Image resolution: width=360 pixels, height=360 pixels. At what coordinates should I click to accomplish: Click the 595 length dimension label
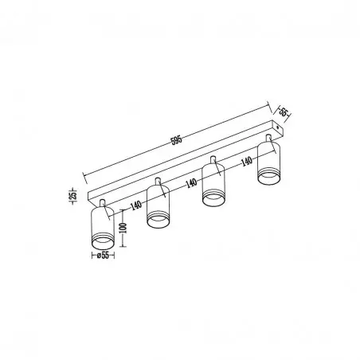point(177,139)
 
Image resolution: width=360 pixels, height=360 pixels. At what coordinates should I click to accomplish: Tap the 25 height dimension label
point(73,194)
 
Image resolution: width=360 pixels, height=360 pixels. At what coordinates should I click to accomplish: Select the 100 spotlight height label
point(123,229)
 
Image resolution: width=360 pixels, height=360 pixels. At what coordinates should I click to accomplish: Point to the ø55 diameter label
point(103,256)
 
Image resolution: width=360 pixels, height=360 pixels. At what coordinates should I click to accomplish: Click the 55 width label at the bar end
point(284,112)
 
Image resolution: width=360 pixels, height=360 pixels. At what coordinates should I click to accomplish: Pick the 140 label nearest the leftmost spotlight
point(136,205)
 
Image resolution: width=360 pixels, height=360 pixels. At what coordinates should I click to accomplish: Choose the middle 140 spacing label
point(191,183)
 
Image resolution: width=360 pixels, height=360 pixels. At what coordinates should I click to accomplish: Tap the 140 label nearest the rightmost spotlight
point(247,161)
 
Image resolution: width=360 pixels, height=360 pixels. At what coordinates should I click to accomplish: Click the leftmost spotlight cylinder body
point(103,228)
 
